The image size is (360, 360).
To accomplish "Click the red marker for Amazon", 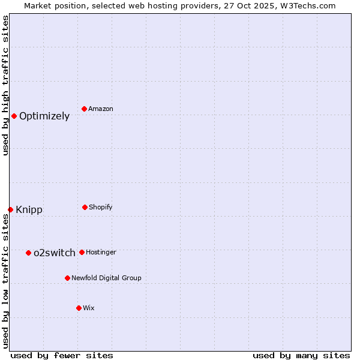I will click(x=85, y=109).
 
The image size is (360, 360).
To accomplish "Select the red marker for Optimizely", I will click(x=14, y=116).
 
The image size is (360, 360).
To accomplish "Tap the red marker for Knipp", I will click(x=10, y=209).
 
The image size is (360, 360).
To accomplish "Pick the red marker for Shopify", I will click(x=85, y=207).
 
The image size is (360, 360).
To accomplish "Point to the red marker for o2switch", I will click(x=28, y=253).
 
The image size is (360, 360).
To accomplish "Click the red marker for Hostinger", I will click(x=82, y=252).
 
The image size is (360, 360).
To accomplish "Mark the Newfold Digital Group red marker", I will click(x=67, y=278).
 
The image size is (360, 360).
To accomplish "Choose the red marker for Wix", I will click(x=79, y=308).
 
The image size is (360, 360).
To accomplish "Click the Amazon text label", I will click(x=101, y=109).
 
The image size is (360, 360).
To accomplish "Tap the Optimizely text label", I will click(x=44, y=116).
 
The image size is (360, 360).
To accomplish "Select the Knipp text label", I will click(x=29, y=209).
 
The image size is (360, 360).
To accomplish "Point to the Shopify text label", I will click(x=101, y=207).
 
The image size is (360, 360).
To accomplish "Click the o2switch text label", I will click(x=55, y=253).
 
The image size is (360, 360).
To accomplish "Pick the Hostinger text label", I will click(x=101, y=252).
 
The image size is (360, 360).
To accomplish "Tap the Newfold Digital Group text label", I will click(x=106, y=278).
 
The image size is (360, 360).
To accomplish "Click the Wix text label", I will click(x=89, y=308).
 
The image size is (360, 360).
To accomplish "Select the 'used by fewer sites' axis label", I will click(x=62, y=355).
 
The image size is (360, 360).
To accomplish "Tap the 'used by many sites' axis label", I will click(x=301, y=355).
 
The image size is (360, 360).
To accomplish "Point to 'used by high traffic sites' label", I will click(x=5, y=85).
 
